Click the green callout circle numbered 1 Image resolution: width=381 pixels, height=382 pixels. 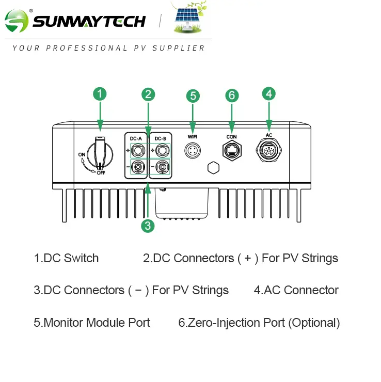100,94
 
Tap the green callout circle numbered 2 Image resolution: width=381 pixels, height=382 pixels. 148,94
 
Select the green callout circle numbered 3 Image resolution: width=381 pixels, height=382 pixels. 148,226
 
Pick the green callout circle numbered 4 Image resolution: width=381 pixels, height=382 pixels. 269,93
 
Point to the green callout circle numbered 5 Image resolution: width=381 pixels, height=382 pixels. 193,95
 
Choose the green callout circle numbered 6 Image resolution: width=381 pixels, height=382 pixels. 232,95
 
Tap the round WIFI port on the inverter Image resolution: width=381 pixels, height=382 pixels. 193,150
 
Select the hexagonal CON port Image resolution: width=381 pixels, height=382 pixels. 232,151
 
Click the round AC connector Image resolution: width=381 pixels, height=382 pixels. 268,150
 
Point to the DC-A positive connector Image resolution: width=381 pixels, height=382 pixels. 138,151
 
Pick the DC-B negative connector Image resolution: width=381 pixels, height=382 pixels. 162,167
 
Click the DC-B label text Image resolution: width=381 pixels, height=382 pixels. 160,139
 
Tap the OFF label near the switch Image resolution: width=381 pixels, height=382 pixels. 101,173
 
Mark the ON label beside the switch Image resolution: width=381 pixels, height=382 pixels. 82,154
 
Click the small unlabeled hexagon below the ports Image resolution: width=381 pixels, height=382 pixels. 213,168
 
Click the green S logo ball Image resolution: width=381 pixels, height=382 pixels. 17,21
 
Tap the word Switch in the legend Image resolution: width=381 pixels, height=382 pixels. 82,258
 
